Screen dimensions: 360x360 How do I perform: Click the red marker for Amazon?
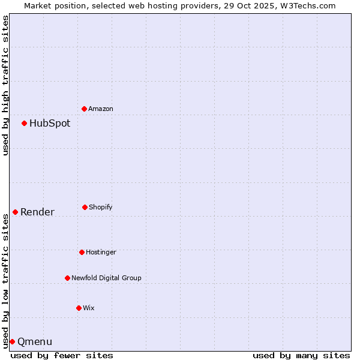click(x=85, y=109)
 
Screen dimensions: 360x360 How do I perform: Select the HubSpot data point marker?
click(x=25, y=123)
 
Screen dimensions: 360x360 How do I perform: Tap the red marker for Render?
click(x=16, y=212)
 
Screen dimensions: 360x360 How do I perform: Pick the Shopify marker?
click(x=85, y=207)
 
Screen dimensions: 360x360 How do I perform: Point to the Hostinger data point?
click(x=82, y=252)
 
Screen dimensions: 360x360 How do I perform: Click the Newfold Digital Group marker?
click(x=68, y=278)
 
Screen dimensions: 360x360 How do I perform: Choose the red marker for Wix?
click(x=79, y=308)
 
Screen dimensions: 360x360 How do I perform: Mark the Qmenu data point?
click(x=13, y=341)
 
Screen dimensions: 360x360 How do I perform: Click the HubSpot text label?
click(x=50, y=124)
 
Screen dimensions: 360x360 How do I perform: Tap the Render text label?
click(x=37, y=212)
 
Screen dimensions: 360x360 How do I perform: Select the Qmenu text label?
click(x=35, y=342)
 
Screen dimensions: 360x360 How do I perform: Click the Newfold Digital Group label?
click(x=106, y=278)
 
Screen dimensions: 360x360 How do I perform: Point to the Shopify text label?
click(x=101, y=207)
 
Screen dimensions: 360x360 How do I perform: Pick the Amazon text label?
click(x=101, y=109)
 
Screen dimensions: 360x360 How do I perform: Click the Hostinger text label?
click(x=101, y=252)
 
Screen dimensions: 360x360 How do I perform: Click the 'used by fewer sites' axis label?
click(x=62, y=355)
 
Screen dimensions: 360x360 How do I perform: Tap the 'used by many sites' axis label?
click(x=301, y=355)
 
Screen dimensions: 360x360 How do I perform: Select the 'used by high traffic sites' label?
click(x=5, y=85)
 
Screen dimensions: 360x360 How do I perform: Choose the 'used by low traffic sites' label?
click(x=5, y=281)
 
